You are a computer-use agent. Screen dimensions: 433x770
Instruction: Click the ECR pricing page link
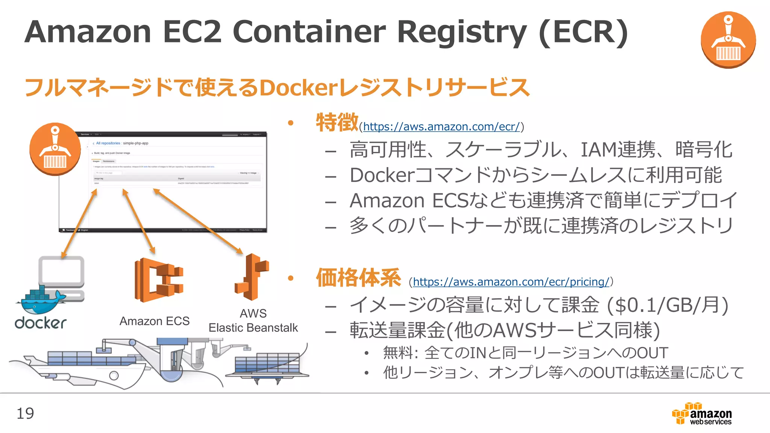point(511,282)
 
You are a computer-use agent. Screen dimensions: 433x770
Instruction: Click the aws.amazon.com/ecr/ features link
point(441,127)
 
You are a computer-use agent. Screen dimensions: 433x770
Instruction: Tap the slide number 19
point(25,413)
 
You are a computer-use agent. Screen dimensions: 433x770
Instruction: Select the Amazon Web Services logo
point(702,414)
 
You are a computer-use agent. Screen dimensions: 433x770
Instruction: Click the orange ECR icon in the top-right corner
point(728,39)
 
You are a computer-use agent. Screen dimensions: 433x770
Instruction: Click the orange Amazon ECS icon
point(159,280)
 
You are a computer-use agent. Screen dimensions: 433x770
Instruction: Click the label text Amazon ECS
point(155,321)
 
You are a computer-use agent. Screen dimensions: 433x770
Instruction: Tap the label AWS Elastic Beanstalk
point(253,321)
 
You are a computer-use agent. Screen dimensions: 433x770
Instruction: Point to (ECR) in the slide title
point(583,32)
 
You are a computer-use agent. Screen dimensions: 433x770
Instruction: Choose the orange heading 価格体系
point(358,278)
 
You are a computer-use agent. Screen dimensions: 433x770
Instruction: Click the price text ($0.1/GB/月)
point(668,305)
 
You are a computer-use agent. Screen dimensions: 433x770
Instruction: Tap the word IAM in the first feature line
point(598,149)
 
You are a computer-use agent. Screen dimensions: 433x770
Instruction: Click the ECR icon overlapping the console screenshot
point(55,149)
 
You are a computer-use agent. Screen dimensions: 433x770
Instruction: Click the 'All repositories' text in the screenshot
point(108,143)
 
